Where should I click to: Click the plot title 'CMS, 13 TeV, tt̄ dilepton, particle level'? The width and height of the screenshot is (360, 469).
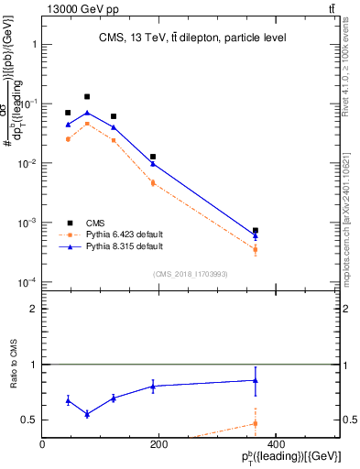point(193,38)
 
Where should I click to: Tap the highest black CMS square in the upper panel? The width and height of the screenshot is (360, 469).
point(87,96)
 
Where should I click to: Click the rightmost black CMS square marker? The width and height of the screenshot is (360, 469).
point(255,231)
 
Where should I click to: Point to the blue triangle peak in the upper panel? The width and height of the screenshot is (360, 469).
point(87,113)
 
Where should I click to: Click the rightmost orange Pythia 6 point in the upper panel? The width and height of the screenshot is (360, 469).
point(255,249)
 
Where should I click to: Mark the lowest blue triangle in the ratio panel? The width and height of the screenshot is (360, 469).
point(87,414)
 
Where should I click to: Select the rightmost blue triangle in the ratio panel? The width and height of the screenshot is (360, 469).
point(255,380)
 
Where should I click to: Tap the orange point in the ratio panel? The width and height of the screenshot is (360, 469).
point(255,423)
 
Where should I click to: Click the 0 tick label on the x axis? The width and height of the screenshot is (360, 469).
point(42,444)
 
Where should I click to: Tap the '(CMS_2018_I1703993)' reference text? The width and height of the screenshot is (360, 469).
point(190,273)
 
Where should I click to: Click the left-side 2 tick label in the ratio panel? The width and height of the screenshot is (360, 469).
point(33,309)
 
